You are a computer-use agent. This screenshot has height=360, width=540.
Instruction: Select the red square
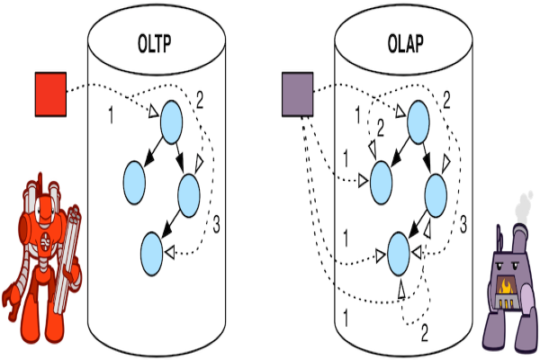[x=51, y=94]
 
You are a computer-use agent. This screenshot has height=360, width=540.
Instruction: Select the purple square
[x=297, y=94]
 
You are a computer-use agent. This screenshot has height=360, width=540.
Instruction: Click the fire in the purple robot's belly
[x=508, y=289]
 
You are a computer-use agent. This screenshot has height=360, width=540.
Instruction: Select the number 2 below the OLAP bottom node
[x=425, y=334]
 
